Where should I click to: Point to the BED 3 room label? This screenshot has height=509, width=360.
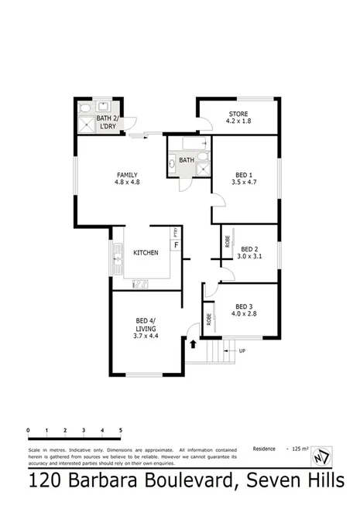[243, 306]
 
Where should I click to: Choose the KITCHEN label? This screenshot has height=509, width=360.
[146, 253]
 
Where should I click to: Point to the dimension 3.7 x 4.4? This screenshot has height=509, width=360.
[145, 336]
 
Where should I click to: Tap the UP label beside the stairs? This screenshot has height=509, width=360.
[242, 350]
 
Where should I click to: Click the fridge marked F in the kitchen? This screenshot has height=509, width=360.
[177, 246]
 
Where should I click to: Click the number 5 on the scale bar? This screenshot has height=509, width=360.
[120, 429]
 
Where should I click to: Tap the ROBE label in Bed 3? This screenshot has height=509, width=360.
[209, 318]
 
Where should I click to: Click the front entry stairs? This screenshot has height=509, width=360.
[221, 354]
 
